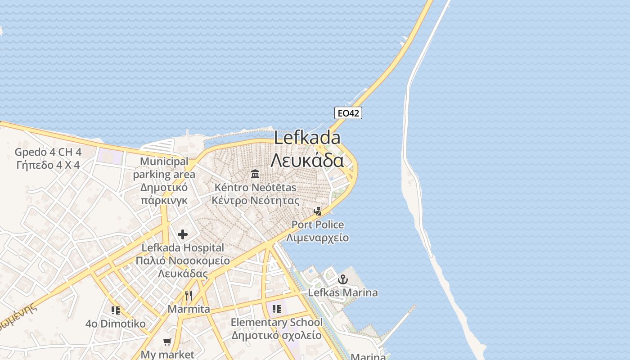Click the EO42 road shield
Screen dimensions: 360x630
(348, 113)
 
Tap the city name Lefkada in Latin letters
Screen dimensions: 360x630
(307, 138)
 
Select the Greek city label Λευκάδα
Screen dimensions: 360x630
(307, 160)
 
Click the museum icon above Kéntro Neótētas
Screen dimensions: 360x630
(255, 174)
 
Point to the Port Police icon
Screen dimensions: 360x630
(318, 211)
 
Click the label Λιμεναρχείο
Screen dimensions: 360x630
(318, 238)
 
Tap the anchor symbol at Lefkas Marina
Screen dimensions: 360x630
(343, 279)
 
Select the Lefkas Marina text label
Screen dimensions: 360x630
(343, 292)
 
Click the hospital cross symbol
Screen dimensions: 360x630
(183, 234)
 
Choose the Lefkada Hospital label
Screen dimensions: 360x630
(183, 247)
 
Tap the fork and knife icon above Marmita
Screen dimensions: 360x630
(189, 296)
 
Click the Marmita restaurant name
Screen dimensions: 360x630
(189, 309)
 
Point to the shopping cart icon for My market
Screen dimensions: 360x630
(167, 342)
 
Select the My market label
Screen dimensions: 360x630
(167, 355)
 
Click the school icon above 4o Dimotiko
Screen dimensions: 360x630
(116, 310)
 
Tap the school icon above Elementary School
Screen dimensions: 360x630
(276, 309)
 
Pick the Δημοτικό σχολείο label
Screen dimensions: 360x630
(276, 335)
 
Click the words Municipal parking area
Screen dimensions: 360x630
(164, 168)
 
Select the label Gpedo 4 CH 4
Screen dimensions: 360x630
(48, 152)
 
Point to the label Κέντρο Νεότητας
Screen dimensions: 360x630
(255, 200)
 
